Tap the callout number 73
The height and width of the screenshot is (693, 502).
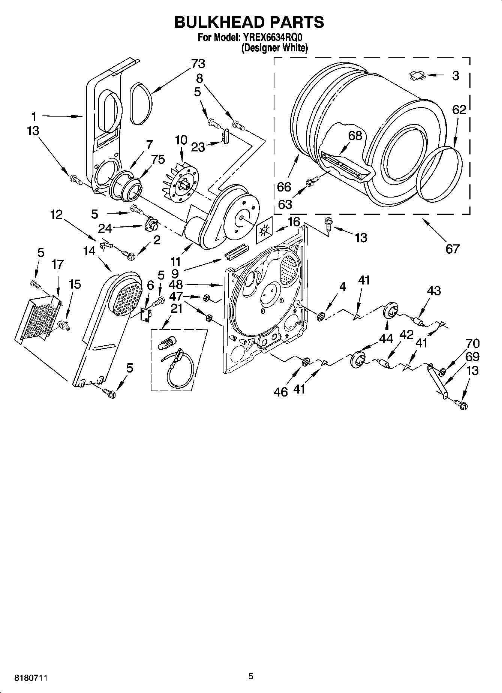pos(198,64)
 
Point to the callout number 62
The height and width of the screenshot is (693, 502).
pos(459,109)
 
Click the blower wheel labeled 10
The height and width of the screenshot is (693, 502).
pos(181,182)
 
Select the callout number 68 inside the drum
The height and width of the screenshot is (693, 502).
pos(355,135)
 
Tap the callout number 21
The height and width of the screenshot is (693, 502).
pos(176,309)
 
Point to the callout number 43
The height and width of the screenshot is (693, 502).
pos(434,290)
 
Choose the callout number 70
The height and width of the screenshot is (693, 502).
pos(473,343)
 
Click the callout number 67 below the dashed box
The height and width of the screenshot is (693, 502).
pos(452,248)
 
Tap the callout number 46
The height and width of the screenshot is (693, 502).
pos(281,392)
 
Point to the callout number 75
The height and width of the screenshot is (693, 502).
pos(158,159)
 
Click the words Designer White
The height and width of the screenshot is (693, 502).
pos(274,48)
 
